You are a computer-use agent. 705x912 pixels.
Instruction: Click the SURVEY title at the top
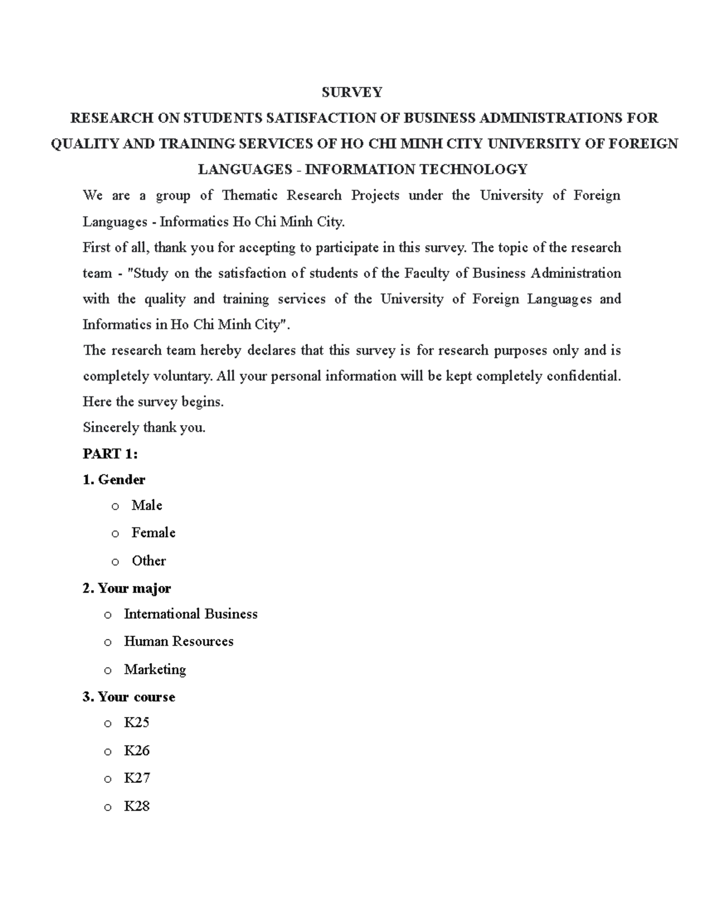point(352,92)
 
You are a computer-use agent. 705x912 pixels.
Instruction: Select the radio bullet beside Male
point(115,506)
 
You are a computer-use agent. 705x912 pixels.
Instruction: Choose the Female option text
point(153,533)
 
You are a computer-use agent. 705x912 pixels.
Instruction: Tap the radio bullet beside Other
point(115,562)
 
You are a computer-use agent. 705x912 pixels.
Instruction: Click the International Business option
point(190,614)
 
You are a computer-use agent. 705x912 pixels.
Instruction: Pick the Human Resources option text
point(179,641)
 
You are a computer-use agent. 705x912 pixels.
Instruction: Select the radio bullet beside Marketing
point(108,671)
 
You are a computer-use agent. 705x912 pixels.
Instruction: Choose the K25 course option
point(136,722)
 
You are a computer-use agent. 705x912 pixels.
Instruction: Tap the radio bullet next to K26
point(108,752)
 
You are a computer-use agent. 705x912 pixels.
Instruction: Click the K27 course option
point(136,778)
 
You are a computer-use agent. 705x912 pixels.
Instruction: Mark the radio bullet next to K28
point(108,807)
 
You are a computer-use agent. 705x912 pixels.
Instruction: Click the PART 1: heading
point(110,454)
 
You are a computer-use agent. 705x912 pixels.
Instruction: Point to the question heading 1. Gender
point(114,480)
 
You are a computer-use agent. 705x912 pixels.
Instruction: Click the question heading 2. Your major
point(127,588)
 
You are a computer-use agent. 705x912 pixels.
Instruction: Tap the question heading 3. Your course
point(129,697)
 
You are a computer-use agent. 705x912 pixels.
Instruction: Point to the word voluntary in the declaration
point(183,376)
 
